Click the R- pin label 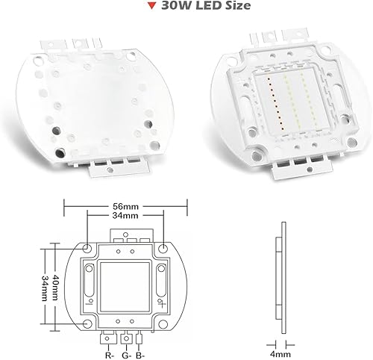coord(109,346)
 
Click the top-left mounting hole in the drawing coord(87,246)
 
